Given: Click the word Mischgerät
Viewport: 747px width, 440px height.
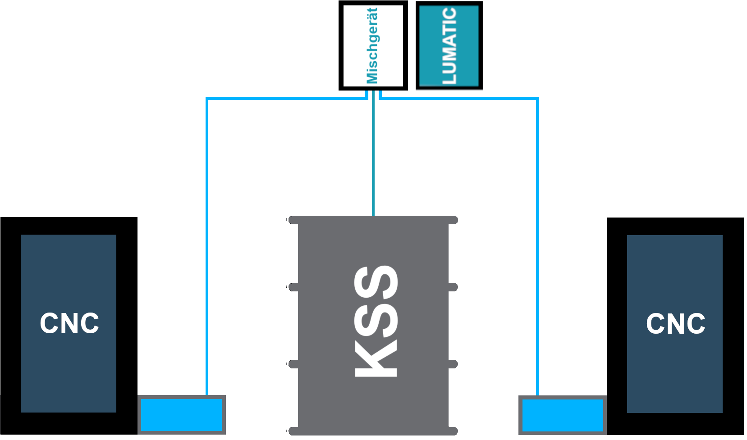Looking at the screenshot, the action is (x=372, y=45).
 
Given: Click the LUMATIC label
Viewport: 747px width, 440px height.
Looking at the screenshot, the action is (x=449, y=45).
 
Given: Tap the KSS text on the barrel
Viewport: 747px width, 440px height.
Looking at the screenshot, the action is (x=376, y=321).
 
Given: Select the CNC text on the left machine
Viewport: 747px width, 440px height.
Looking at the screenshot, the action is (x=69, y=323).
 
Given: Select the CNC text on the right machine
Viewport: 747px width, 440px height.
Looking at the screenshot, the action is (x=676, y=323).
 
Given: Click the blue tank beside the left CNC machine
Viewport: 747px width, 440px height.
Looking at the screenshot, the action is (x=181, y=415).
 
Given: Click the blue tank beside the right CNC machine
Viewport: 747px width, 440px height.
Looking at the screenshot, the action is (x=563, y=415).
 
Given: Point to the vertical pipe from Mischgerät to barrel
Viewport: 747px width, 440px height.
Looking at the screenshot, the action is (x=373, y=153).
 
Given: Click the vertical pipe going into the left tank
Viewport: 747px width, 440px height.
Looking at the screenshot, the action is (x=207, y=246).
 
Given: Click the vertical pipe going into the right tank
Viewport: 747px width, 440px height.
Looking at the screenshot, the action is (x=537, y=247).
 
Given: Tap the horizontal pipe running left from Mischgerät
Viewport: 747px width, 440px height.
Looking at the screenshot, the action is (x=287, y=99).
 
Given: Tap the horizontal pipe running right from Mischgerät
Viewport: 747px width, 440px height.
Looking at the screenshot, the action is (x=459, y=99).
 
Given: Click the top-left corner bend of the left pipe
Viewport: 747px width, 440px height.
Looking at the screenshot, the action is (x=207, y=99).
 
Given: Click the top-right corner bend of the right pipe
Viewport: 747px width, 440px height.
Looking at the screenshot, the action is (x=537, y=99).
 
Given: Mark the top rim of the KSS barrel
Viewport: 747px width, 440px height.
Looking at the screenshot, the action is (x=373, y=220).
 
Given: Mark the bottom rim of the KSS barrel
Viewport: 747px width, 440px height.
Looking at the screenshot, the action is (x=373, y=431).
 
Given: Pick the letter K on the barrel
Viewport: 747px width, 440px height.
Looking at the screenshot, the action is (x=376, y=358).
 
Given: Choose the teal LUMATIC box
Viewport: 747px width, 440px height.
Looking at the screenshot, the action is (x=449, y=45).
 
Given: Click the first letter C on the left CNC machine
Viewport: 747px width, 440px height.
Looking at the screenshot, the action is (x=49, y=323).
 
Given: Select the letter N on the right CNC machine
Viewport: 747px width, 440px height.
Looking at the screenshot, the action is (x=676, y=323).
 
